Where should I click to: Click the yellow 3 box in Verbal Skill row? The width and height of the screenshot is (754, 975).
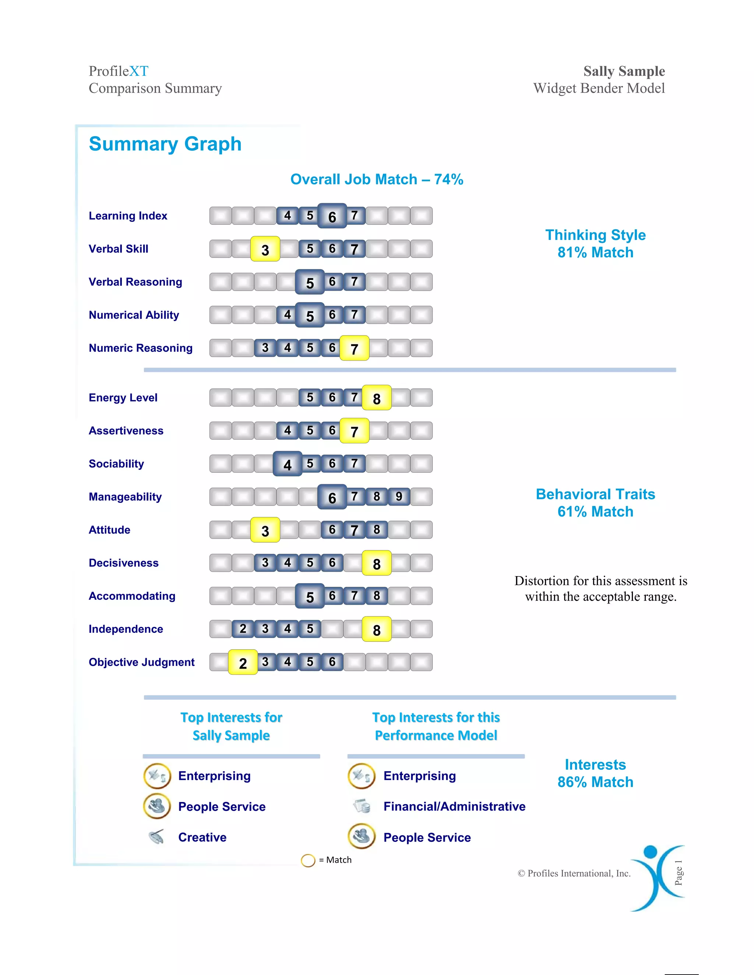[265, 249]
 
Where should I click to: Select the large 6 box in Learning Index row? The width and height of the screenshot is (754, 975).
[332, 216]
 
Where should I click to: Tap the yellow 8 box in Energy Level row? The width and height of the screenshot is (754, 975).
[377, 398]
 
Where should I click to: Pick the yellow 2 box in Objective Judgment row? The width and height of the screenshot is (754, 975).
[243, 663]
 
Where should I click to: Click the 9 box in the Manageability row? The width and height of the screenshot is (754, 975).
[399, 496]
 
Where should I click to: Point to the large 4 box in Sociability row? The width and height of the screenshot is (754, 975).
[287, 464]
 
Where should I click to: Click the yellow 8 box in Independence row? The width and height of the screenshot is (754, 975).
[377, 630]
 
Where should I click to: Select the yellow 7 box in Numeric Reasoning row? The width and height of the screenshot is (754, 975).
[354, 348]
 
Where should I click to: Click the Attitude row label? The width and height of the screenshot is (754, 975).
[109, 530]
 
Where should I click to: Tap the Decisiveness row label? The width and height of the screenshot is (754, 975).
[123, 563]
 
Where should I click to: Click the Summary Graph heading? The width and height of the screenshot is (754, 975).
[165, 144]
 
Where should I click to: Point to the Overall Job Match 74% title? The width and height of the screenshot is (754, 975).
[377, 180]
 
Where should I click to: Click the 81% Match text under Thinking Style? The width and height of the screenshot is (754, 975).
[595, 253]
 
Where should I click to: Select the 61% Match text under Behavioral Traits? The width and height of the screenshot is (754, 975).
[595, 512]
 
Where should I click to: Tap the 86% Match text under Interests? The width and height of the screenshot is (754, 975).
[595, 782]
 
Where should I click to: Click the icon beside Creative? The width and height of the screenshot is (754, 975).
[157, 837]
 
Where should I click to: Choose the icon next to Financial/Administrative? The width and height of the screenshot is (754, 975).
[362, 806]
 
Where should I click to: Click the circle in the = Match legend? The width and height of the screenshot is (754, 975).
[308, 860]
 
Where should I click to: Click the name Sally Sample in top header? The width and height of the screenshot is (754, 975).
[624, 71]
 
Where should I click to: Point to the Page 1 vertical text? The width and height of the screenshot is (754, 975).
[679, 872]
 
